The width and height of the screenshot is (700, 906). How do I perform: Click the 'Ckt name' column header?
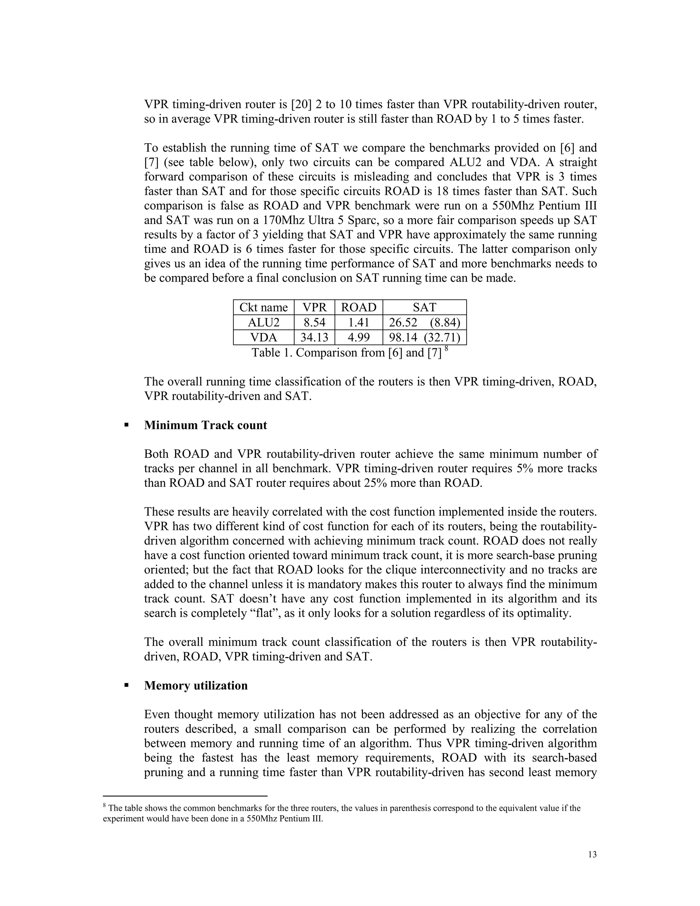pos(263,307)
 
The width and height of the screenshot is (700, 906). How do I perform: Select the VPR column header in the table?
pos(314,307)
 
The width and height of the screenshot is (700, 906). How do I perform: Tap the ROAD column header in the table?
pos(359,307)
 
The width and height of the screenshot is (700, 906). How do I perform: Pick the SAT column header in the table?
pos(424,307)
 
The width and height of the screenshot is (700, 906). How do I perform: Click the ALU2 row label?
pos(263,322)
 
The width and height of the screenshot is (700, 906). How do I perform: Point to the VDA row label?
pos(263,337)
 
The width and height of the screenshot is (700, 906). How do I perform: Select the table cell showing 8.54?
pos(314,322)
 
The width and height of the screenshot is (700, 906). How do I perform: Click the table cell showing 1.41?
pos(359,322)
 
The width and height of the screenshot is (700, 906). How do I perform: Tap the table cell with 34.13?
pos(314,337)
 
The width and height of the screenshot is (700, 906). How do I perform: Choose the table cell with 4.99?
pos(359,337)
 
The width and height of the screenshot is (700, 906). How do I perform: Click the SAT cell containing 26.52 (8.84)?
pos(424,322)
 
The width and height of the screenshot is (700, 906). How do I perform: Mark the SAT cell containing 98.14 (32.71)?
pos(424,337)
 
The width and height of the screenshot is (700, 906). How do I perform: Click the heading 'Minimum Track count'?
pos(206,425)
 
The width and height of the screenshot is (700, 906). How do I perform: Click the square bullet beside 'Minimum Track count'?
pos(126,425)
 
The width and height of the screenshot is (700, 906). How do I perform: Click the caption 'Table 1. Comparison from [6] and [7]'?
pos(347,352)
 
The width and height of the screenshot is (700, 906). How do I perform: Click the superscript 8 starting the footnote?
pos(105,807)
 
